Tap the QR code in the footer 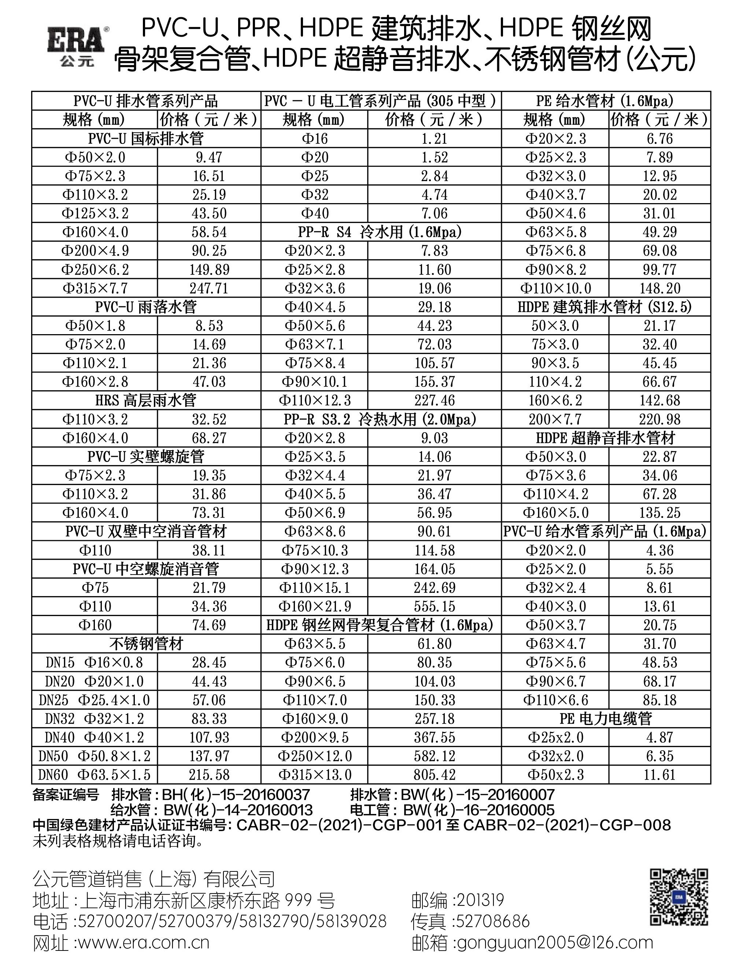tap(679, 897)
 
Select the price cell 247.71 tap(209, 288)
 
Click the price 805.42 tap(434, 774)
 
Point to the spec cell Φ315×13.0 tap(315, 774)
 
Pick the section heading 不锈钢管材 tap(146, 644)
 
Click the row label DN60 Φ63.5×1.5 tap(95, 774)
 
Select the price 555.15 tap(434, 606)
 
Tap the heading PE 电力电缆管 tap(606, 719)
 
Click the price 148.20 tap(659, 288)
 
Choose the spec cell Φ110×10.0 tap(555, 288)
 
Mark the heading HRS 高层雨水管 tap(146, 400)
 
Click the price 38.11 tap(209, 550)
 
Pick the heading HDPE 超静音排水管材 tap(606, 438)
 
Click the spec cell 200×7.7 tap(555, 419)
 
